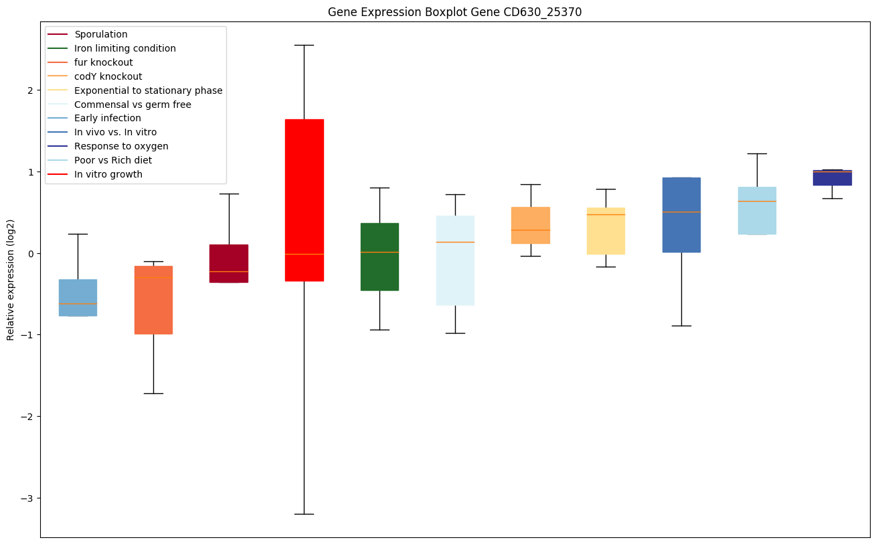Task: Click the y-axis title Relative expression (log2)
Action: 11,280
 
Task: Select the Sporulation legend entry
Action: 101,34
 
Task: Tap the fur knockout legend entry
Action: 104,62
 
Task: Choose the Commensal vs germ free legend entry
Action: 133,105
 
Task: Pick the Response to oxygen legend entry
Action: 121,146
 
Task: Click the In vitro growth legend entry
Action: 108,174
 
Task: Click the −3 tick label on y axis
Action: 27,498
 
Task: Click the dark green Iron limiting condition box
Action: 380,257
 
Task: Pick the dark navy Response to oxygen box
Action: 833,178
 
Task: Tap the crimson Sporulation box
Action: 229,263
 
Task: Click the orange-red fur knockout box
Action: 153,299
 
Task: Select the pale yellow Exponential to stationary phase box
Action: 606,230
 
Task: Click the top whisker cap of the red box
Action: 304,45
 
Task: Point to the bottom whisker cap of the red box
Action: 304,514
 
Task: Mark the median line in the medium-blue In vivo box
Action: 681,212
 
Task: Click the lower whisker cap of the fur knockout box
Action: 153,393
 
